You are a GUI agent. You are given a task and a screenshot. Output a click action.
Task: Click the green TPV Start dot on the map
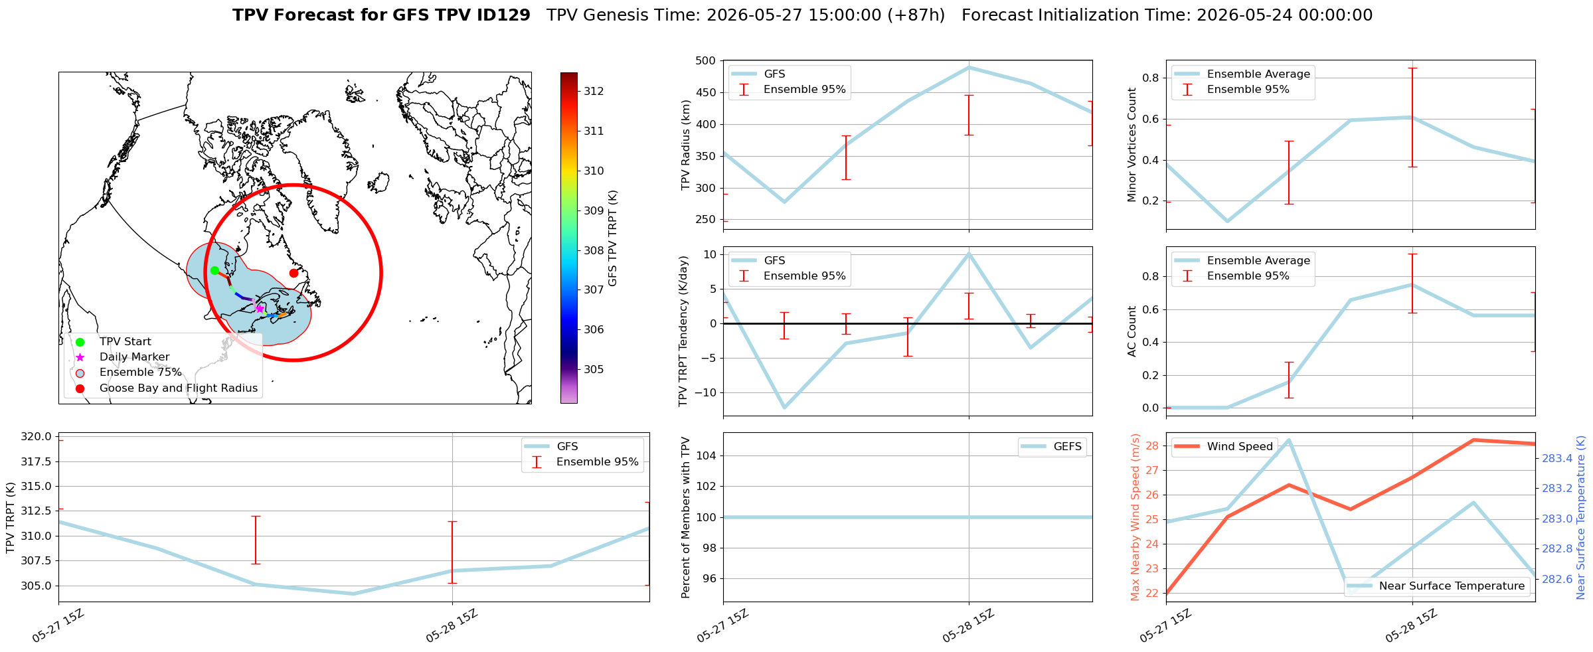(214, 270)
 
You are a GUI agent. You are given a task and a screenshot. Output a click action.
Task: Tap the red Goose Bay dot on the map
(293, 273)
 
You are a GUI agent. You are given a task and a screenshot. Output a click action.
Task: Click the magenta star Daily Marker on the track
(260, 309)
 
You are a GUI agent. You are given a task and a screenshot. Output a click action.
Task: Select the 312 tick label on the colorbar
(594, 91)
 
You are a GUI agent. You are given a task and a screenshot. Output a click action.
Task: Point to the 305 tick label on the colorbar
(594, 369)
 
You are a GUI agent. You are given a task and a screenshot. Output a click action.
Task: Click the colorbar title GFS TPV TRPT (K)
(613, 238)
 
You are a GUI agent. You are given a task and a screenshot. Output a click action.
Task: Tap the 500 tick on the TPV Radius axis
(705, 61)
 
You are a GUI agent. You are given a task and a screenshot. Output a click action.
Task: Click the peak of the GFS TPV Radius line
(969, 67)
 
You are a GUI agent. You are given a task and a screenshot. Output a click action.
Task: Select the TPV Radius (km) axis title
(686, 145)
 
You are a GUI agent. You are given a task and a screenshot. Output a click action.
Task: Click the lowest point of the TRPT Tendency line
(784, 408)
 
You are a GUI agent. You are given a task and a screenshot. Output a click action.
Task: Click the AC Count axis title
(1132, 331)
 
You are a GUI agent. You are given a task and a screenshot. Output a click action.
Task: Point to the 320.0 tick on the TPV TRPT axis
(37, 437)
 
